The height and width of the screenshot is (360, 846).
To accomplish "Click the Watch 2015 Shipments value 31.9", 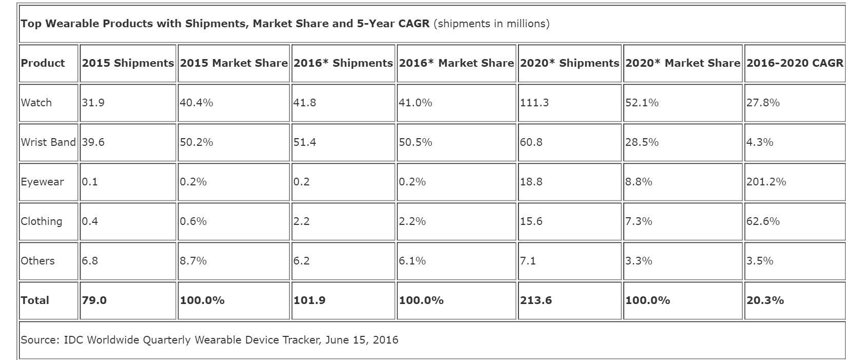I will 93,103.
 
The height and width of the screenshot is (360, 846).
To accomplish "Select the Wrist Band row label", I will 48,142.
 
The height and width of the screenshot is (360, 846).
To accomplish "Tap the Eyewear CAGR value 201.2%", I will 766,182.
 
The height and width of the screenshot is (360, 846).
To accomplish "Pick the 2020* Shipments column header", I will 569,63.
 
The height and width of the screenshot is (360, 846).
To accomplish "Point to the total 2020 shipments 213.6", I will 536,300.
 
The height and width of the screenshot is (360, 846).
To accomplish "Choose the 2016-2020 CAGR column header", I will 795,63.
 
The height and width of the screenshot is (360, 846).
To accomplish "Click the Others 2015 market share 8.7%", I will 193,261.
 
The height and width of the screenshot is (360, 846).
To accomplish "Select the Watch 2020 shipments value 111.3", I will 534,103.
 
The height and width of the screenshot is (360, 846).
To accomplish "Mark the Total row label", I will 35,300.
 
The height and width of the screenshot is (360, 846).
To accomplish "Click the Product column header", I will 43,63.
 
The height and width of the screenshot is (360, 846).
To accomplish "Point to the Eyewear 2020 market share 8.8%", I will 639,182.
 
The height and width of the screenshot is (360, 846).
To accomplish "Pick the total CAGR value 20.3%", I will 765,300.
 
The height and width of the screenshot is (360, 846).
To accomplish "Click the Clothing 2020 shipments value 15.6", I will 531,221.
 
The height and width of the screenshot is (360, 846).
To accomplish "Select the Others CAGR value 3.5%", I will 760,261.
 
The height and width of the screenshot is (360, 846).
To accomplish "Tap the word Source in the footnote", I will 40,340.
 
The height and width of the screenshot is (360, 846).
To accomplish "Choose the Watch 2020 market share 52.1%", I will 642,103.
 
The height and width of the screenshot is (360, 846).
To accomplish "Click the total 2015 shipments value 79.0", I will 94,300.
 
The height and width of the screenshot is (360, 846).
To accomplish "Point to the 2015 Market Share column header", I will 234,63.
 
